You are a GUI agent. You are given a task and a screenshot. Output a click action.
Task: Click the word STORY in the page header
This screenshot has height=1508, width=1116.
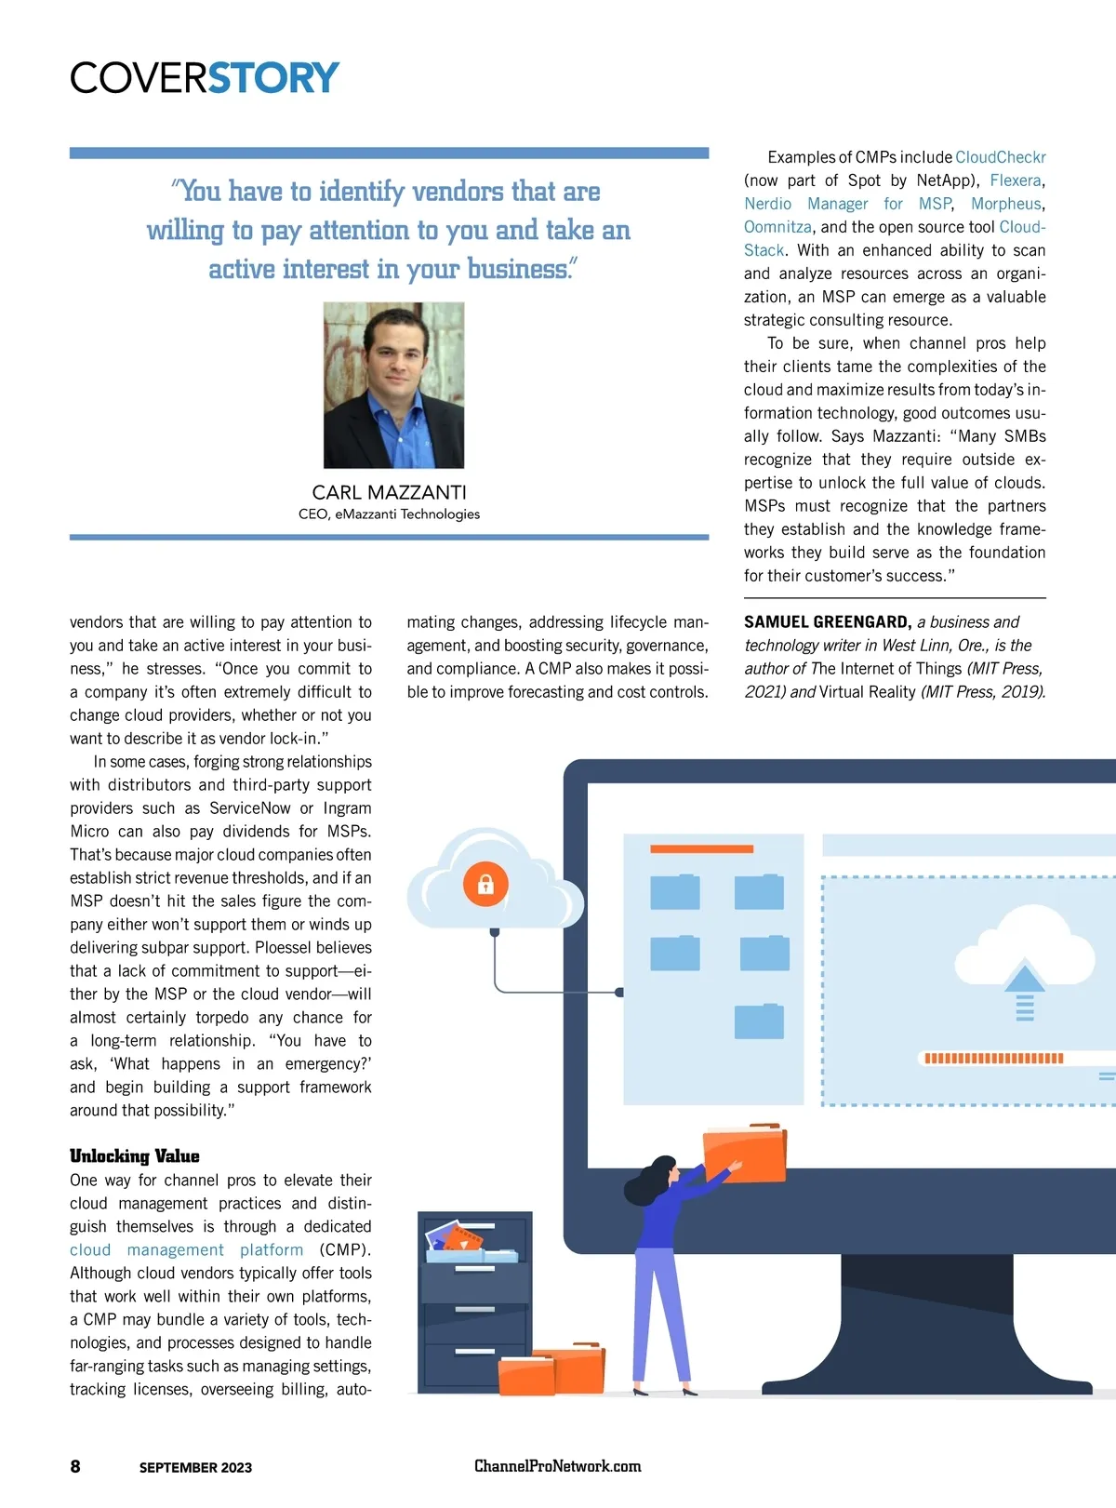273,78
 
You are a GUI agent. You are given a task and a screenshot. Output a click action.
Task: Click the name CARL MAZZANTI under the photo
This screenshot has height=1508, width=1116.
389,492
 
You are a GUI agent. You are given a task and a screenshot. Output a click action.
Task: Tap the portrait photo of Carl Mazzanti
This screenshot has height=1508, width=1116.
393,384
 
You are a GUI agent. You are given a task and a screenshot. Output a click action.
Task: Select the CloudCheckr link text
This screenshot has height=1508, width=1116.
1000,157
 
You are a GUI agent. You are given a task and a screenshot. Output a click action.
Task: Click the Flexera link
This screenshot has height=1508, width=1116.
1015,180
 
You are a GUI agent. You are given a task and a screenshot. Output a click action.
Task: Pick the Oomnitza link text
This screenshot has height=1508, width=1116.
777,227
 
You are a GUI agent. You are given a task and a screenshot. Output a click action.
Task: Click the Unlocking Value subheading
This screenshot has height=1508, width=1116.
134,1155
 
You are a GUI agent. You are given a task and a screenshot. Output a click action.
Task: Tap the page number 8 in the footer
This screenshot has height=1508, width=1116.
75,1466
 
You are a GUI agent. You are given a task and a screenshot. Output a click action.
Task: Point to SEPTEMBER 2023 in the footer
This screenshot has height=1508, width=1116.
195,1467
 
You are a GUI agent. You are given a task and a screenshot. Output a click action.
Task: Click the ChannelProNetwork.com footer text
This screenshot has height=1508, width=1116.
557,1466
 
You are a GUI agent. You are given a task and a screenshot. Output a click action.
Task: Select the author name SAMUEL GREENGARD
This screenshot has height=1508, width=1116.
827,622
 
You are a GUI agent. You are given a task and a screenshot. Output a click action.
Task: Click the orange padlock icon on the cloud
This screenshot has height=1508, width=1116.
485,884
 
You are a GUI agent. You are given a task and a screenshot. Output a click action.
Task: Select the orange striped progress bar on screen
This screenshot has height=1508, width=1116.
992,1058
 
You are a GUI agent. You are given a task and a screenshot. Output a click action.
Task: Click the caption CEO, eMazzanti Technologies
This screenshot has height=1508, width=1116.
389,514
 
